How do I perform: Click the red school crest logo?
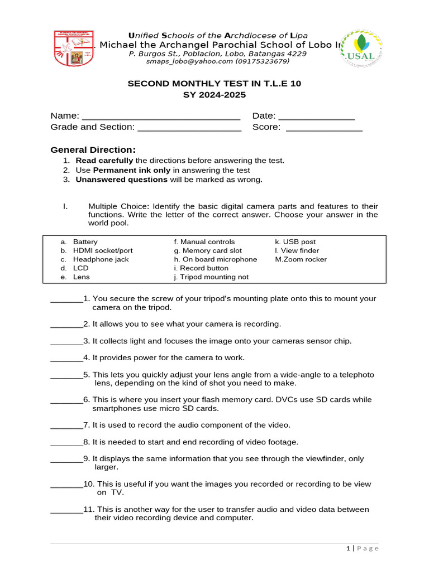pos(74,49)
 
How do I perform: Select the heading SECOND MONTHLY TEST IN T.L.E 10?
pos(214,84)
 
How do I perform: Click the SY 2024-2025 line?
pos(214,95)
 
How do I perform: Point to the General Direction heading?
pos(93,149)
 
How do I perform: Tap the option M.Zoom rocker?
pos(301,259)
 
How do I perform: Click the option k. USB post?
pos(295,242)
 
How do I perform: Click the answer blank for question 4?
pos(66,359)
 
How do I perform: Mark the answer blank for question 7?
pos(66,426)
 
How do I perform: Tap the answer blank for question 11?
pos(66,510)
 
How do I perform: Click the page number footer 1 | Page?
pos(362,549)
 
